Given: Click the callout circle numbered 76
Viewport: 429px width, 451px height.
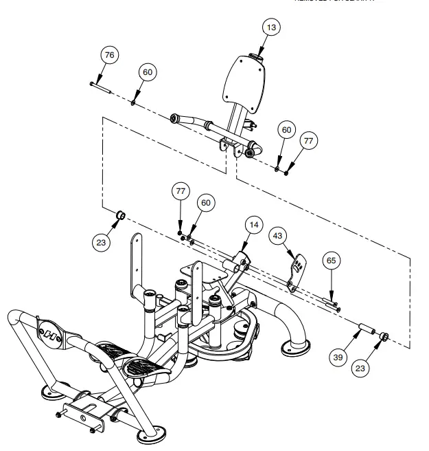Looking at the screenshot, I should tap(109, 54).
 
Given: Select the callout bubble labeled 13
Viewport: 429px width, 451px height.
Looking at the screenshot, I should tap(272, 27).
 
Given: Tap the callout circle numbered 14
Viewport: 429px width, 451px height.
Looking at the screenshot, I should tap(254, 225).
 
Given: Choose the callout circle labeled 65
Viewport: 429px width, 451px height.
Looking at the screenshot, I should tap(331, 261).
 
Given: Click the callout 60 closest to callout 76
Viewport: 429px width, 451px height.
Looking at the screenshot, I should tap(148, 72).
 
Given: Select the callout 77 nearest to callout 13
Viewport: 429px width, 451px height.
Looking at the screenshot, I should tap(308, 140).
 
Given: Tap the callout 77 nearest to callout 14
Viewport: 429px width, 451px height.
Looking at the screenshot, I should tap(181, 190).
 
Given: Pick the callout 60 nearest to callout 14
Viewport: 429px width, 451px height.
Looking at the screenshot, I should tap(205, 202).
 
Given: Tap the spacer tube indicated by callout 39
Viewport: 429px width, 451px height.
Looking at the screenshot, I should tap(369, 333).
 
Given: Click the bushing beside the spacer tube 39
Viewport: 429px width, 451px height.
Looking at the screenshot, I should tap(385, 336).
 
